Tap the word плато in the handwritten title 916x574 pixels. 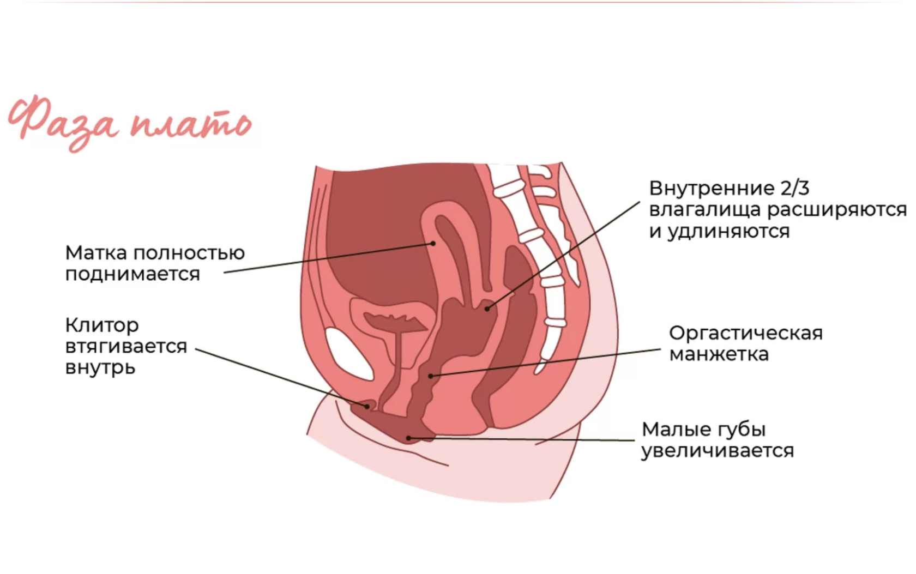[191, 124]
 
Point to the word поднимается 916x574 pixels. [132, 274]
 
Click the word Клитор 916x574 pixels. [102, 325]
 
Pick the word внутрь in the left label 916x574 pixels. [100, 368]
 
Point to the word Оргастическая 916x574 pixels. [745, 333]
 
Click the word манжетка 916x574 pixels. [719, 354]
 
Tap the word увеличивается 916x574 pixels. [717, 451]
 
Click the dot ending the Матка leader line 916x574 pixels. [433, 243]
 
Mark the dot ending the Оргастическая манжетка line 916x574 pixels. [431, 376]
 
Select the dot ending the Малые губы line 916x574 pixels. [408, 438]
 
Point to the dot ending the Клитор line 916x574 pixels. [367, 406]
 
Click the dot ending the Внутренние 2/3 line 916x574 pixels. [487, 309]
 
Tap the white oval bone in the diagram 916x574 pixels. [348, 354]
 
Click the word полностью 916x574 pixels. [189, 253]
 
